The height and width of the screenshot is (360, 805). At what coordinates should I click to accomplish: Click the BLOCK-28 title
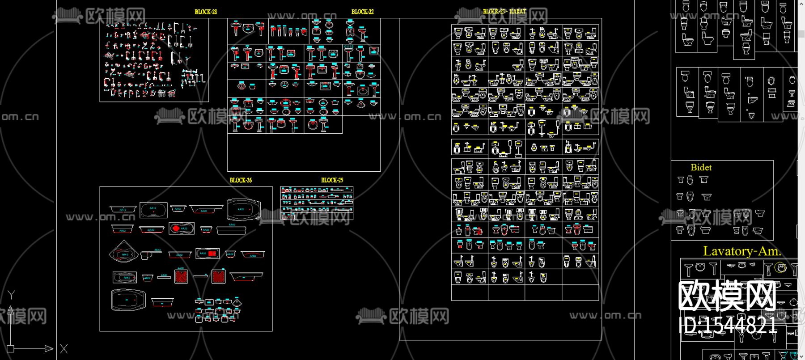[x=206, y=12]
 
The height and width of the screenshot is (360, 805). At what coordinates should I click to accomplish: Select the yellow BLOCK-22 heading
[x=362, y=12]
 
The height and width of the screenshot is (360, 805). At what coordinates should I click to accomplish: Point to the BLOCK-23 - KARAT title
[x=504, y=12]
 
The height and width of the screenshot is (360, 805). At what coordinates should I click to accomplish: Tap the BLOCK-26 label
[x=241, y=180]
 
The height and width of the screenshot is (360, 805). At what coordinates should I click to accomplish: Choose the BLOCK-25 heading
[x=332, y=180]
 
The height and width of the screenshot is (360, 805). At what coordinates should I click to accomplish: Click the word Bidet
[x=701, y=168]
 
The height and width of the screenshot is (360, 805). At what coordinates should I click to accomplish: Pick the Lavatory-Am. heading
[x=742, y=251]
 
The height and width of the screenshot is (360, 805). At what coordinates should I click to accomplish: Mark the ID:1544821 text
[x=728, y=326]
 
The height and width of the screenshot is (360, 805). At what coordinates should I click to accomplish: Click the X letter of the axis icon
[x=64, y=349]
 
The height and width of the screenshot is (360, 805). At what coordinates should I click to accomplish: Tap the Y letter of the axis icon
[x=12, y=295]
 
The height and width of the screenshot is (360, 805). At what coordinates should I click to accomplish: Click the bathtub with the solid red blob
[x=181, y=229]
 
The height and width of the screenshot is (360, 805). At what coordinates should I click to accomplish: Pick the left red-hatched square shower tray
[x=181, y=276]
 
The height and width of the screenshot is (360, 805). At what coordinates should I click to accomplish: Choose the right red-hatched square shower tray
[x=218, y=276]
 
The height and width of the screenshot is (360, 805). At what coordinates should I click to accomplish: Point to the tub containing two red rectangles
[x=208, y=254]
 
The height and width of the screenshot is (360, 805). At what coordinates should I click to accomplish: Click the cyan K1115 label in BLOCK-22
[x=348, y=47]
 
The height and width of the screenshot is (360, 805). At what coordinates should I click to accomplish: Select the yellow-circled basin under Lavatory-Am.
[x=780, y=268]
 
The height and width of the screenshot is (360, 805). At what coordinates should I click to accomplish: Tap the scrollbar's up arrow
[x=801, y=4]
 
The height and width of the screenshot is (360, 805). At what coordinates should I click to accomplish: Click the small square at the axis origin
[x=11, y=348]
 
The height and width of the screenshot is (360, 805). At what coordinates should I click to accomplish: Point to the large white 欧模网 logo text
[x=727, y=296]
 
